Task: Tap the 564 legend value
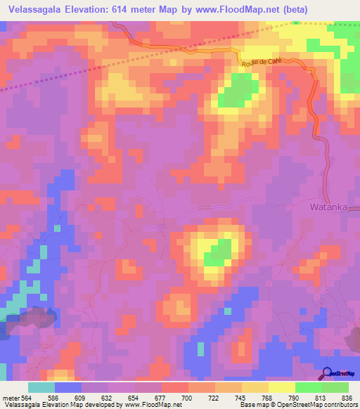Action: tap(27, 397)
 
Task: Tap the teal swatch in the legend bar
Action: tap(41, 387)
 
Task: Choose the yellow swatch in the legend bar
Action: tap(282, 387)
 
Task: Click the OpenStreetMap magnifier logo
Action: tap(328, 374)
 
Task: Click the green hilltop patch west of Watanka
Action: tap(219, 252)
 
